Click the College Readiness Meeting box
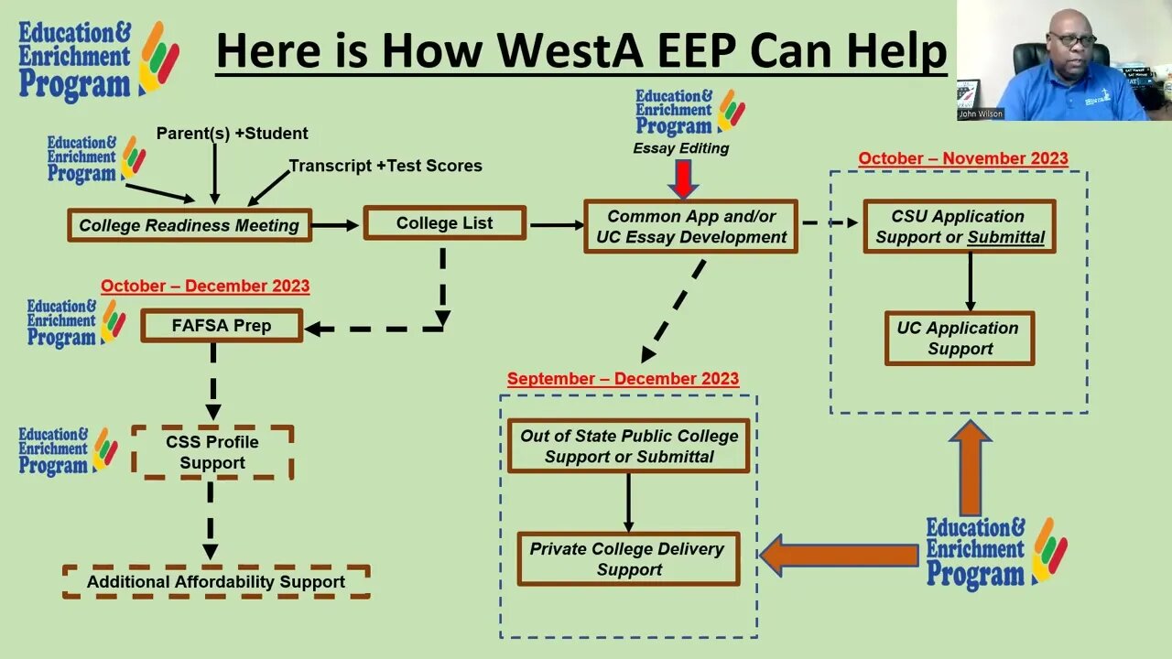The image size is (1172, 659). (190, 225)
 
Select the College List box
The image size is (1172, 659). (444, 223)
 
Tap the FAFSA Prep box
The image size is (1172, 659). (222, 326)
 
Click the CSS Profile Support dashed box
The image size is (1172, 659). (212, 452)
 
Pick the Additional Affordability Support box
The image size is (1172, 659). (216, 581)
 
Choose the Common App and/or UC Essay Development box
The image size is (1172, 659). (691, 227)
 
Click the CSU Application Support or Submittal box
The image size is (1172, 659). (960, 227)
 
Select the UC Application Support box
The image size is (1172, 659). (959, 339)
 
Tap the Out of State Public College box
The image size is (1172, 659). (629, 446)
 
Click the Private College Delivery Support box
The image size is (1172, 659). (628, 559)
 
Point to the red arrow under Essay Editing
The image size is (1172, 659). (682, 178)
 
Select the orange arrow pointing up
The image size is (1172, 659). (970, 468)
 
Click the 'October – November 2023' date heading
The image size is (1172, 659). (962, 158)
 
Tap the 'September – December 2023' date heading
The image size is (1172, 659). (623, 379)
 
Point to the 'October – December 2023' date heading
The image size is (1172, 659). (205, 286)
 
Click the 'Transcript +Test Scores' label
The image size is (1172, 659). (385, 166)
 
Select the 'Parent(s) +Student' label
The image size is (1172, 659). (232, 134)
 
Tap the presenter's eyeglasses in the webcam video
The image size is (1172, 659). (1069, 38)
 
